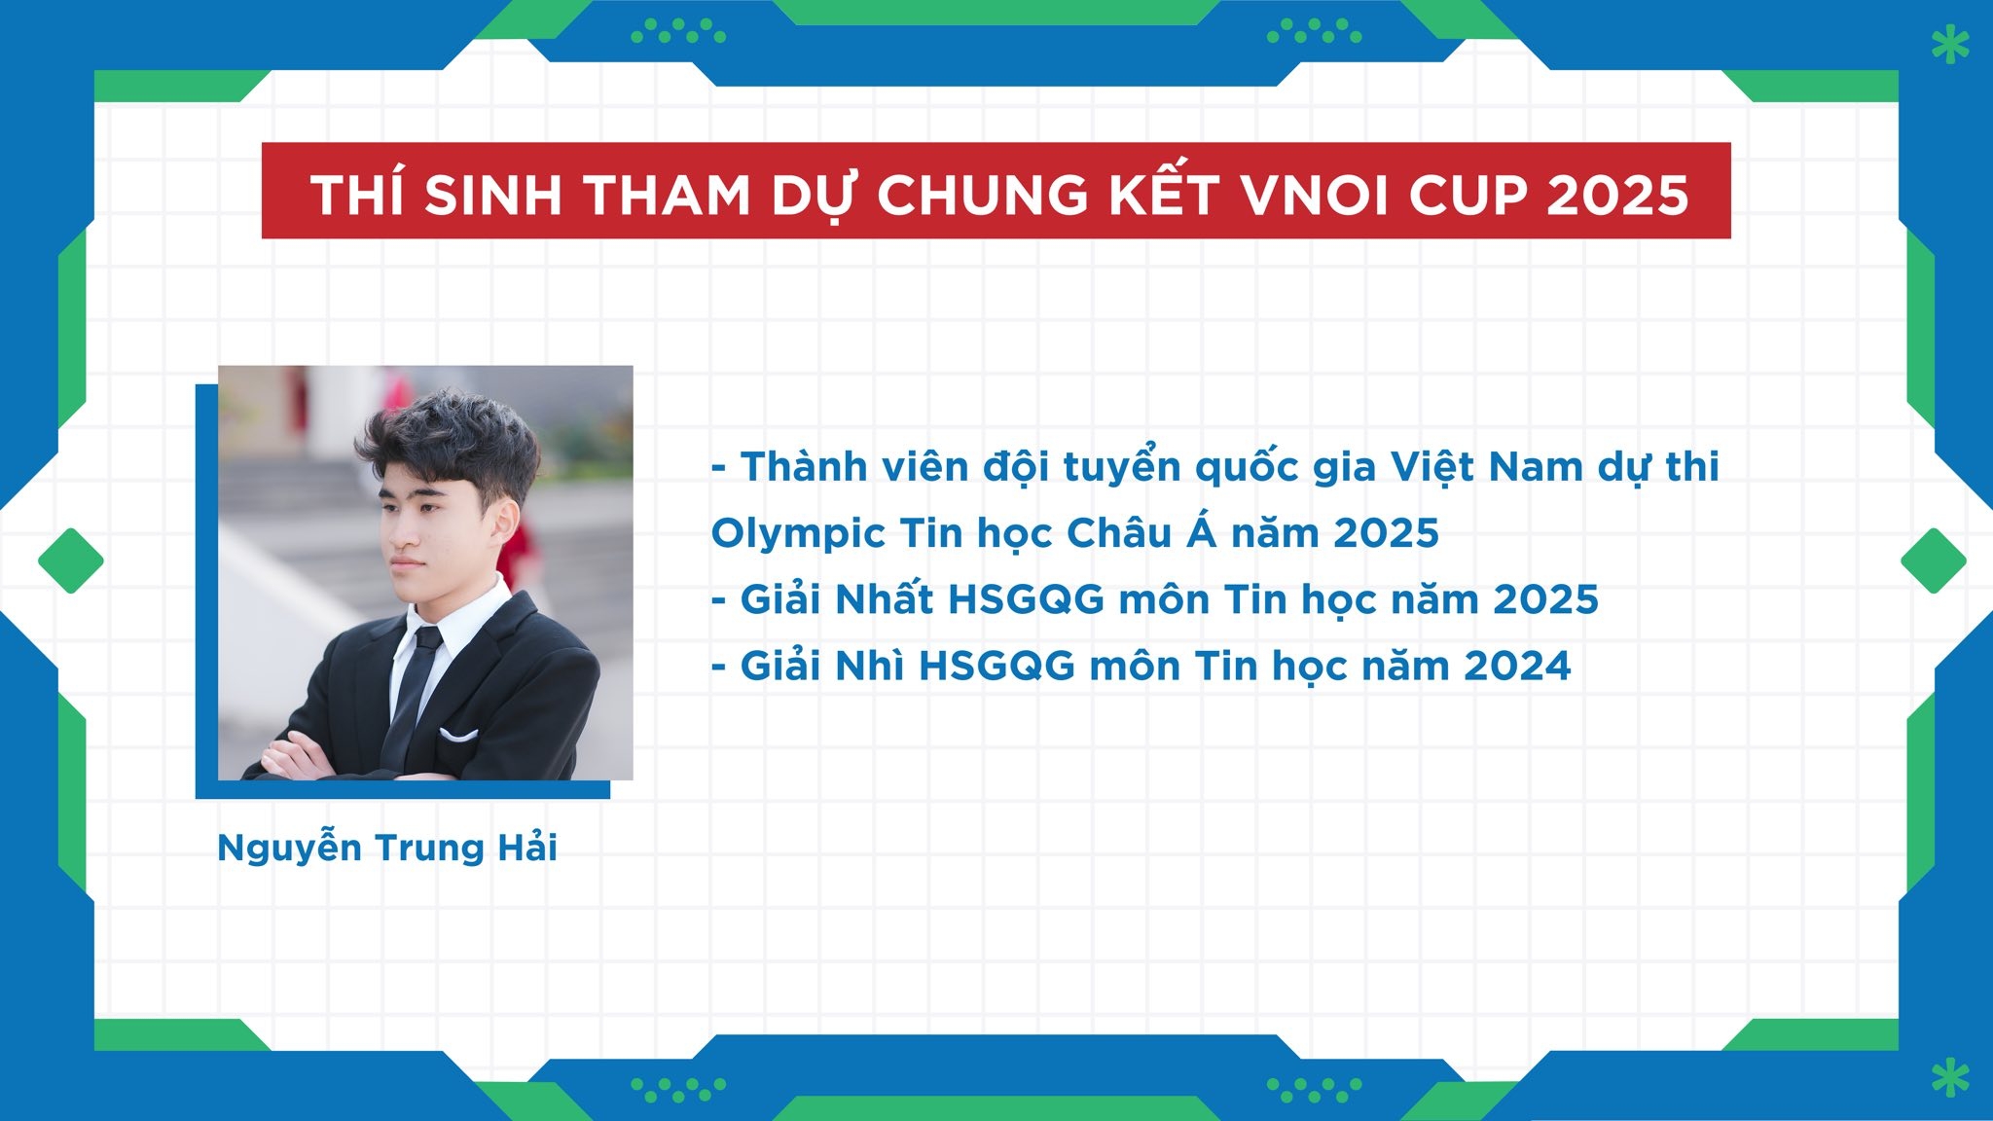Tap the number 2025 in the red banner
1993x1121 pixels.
(x=1617, y=196)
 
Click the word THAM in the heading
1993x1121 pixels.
(x=668, y=196)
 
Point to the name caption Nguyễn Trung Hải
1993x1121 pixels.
(x=387, y=848)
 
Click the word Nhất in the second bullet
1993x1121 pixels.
(x=884, y=599)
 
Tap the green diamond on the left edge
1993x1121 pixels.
(x=71, y=560)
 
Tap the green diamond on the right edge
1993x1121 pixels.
(x=1934, y=560)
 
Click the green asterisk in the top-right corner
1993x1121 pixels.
(x=1950, y=45)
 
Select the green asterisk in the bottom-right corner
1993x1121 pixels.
(x=1950, y=1077)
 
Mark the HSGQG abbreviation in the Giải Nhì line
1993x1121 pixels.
(x=996, y=667)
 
